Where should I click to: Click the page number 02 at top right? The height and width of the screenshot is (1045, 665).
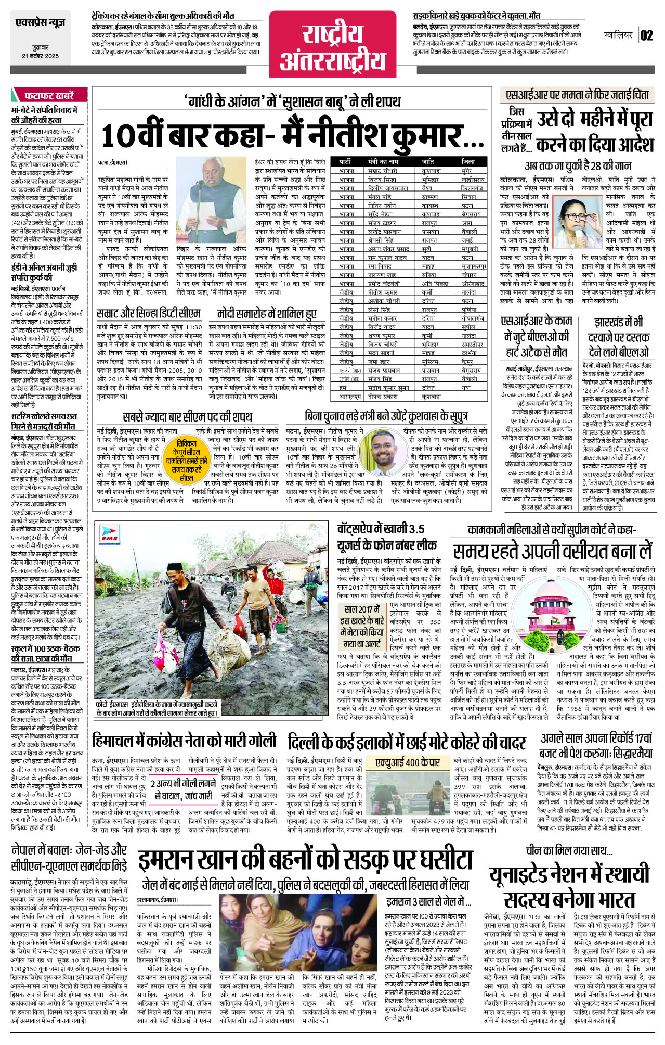point(646,35)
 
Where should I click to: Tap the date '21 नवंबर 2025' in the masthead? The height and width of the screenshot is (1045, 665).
point(40,56)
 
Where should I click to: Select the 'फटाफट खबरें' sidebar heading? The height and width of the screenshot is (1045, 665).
point(49,96)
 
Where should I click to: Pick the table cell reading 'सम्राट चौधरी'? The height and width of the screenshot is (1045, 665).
point(383,171)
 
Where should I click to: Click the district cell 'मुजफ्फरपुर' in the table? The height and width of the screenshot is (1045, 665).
point(474,266)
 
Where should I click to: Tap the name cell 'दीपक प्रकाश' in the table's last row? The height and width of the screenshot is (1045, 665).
point(383,397)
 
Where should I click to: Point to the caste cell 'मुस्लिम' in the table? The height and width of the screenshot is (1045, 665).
point(430,362)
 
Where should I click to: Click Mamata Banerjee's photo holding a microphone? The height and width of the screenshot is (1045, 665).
point(578,225)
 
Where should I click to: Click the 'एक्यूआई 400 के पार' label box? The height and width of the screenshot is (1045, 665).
point(408,762)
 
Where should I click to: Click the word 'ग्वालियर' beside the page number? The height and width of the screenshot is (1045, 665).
point(618,35)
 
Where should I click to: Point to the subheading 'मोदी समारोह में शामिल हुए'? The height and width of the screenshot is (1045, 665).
point(266,314)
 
